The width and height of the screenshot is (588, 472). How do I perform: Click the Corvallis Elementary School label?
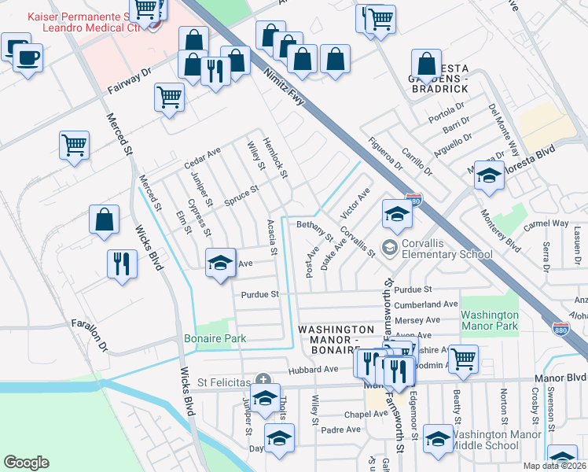(x=447, y=249)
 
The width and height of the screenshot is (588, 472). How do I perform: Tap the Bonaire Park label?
(x=215, y=338)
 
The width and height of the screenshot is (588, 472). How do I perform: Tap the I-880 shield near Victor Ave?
(x=413, y=200)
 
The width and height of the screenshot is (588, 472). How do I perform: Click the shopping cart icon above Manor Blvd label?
(x=463, y=358)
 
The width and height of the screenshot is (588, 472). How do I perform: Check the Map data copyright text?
(x=554, y=466)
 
